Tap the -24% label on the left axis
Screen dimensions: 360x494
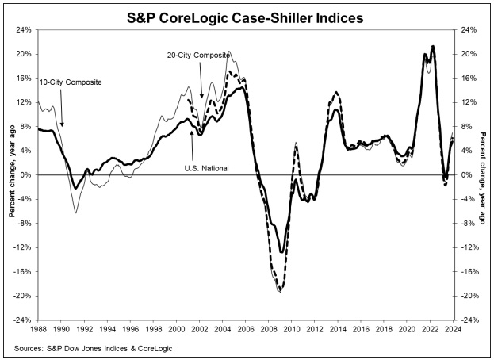pyautogui.click(x=23, y=320)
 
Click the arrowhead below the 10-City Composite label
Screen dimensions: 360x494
pyautogui.click(x=63, y=125)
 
